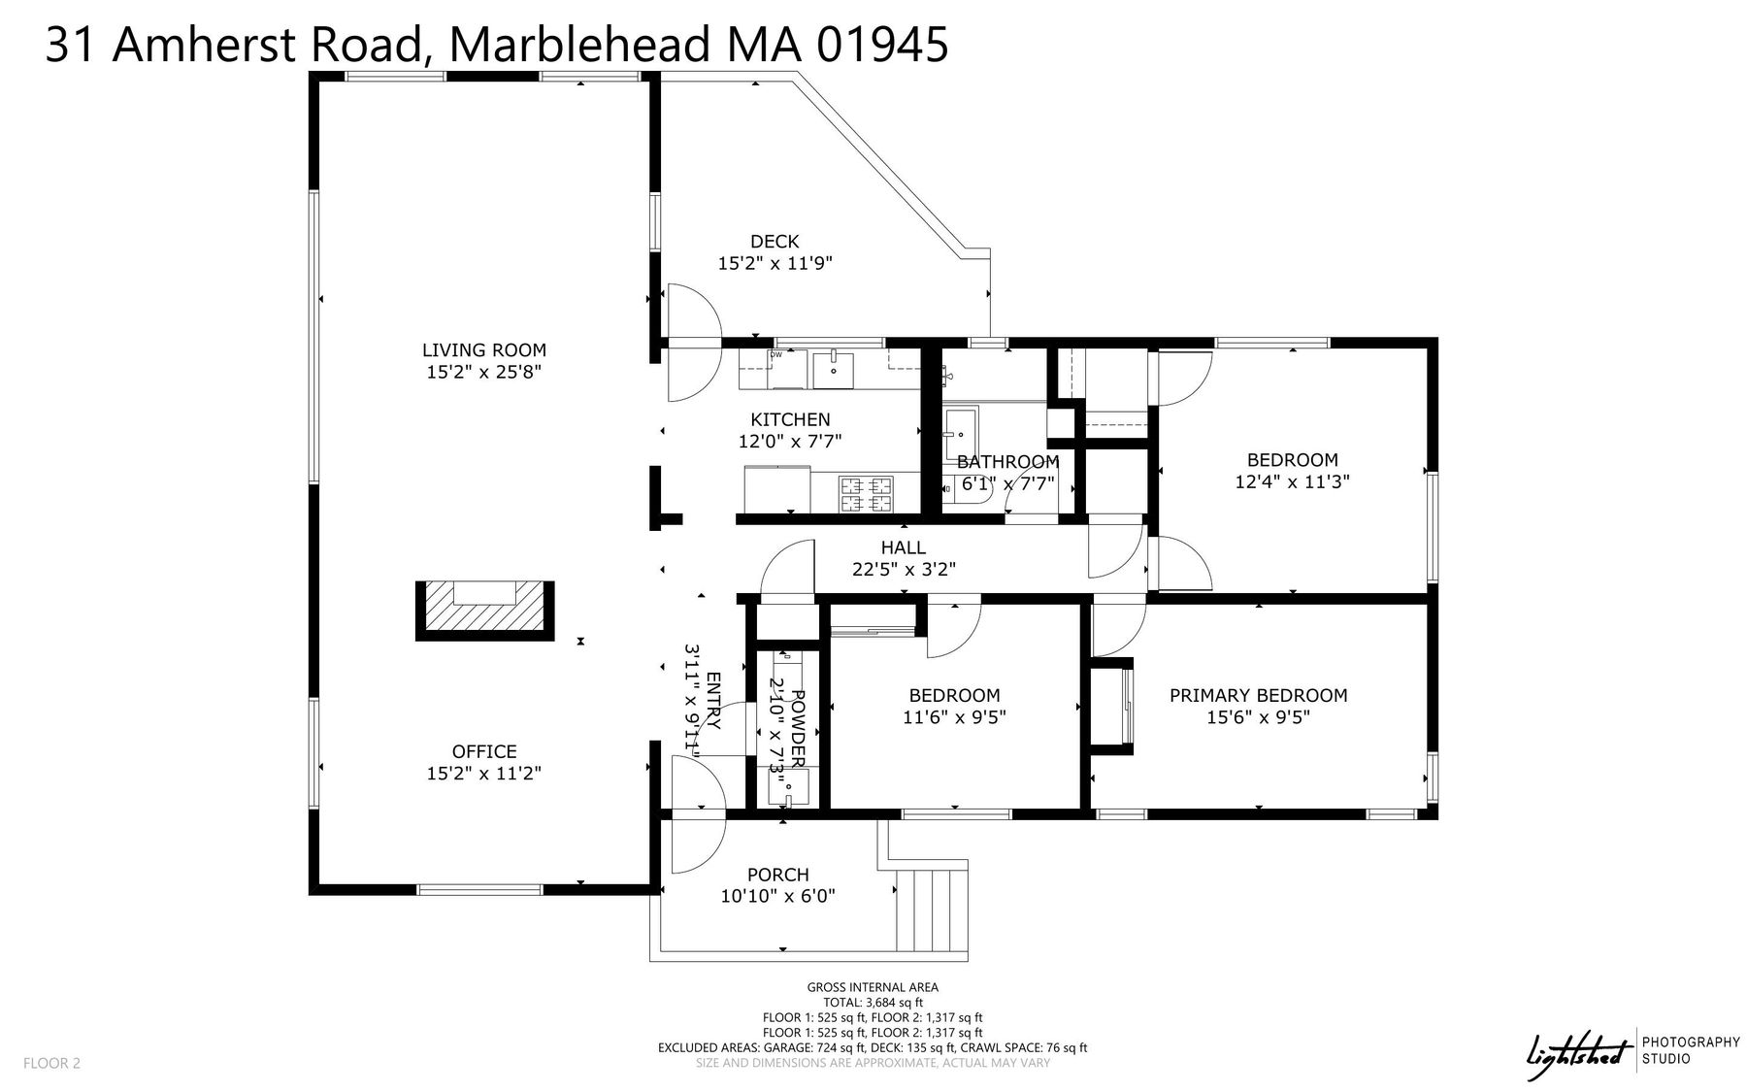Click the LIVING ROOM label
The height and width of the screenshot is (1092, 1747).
pyautogui.click(x=484, y=350)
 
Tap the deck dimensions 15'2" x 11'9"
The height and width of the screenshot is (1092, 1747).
pyautogui.click(x=775, y=263)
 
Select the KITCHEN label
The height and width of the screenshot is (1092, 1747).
pyautogui.click(x=790, y=419)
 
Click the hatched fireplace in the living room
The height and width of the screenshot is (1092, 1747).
pyautogui.click(x=485, y=611)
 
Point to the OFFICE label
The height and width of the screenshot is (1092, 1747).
pyautogui.click(x=484, y=751)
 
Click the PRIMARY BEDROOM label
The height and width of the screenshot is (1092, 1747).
pyautogui.click(x=1258, y=695)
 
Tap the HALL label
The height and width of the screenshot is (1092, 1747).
pyautogui.click(x=904, y=548)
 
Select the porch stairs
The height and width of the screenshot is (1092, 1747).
pyautogui.click(x=932, y=910)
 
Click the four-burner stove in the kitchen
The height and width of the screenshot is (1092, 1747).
pyautogui.click(x=867, y=493)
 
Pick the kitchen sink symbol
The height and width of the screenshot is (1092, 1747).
pyautogui.click(x=832, y=370)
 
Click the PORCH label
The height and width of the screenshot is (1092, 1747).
pyautogui.click(x=778, y=875)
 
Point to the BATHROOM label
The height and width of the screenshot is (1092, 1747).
pyautogui.click(x=1007, y=462)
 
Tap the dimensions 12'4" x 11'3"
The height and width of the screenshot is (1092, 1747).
pyautogui.click(x=1293, y=481)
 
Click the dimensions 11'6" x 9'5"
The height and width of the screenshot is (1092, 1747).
pyautogui.click(x=954, y=717)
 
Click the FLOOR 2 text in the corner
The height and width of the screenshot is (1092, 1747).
pyautogui.click(x=51, y=1063)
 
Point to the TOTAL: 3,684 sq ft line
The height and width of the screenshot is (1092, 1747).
pyautogui.click(x=873, y=1003)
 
